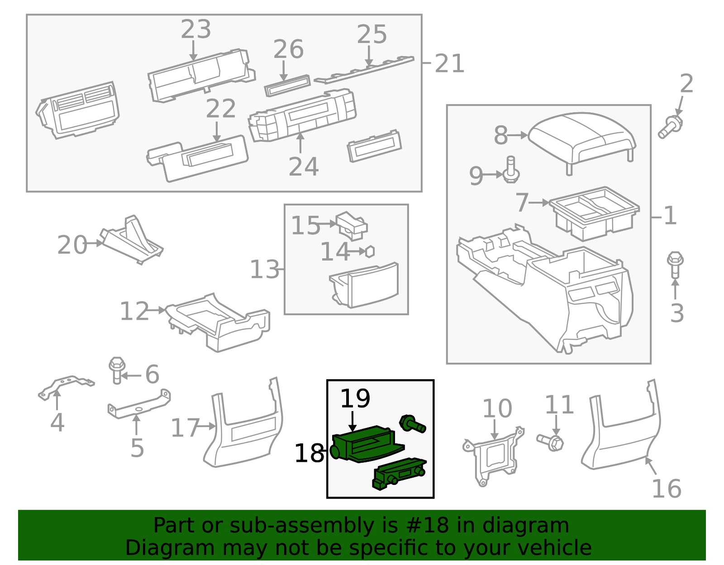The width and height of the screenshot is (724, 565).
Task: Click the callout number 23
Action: (x=196, y=29)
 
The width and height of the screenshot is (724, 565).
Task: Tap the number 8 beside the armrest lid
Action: (x=501, y=136)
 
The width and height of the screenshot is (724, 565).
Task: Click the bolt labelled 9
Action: (x=511, y=170)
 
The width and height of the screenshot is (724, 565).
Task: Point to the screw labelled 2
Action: (x=670, y=127)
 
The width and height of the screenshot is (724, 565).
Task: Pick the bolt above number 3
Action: (x=675, y=265)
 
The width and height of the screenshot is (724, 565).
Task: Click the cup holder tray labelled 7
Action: (x=594, y=214)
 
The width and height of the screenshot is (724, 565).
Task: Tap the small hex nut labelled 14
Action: (x=370, y=252)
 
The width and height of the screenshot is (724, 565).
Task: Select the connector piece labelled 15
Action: (x=352, y=226)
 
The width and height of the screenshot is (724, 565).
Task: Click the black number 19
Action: (x=355, y=399)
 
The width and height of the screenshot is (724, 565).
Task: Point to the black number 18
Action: (x=309, y=453)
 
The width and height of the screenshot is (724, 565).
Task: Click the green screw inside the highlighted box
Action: (x=413, y=424)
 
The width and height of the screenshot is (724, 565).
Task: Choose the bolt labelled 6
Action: (x=117, y=370)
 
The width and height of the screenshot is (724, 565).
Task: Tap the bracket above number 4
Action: (x=67, y=388)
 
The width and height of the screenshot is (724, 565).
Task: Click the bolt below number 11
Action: (x=550, y=442)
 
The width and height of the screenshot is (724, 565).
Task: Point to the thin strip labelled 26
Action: (x=287, y=85)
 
